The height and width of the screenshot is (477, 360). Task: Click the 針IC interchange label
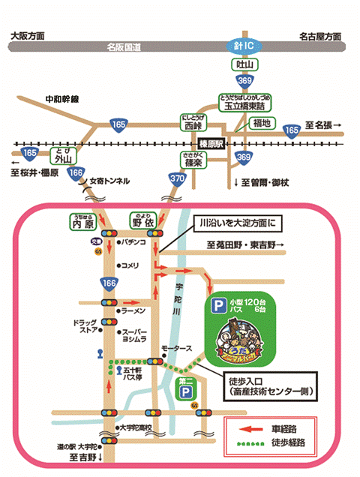242,46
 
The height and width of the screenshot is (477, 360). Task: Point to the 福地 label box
262,123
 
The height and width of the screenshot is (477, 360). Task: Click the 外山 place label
61,157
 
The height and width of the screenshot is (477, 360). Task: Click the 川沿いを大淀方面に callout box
236,223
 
